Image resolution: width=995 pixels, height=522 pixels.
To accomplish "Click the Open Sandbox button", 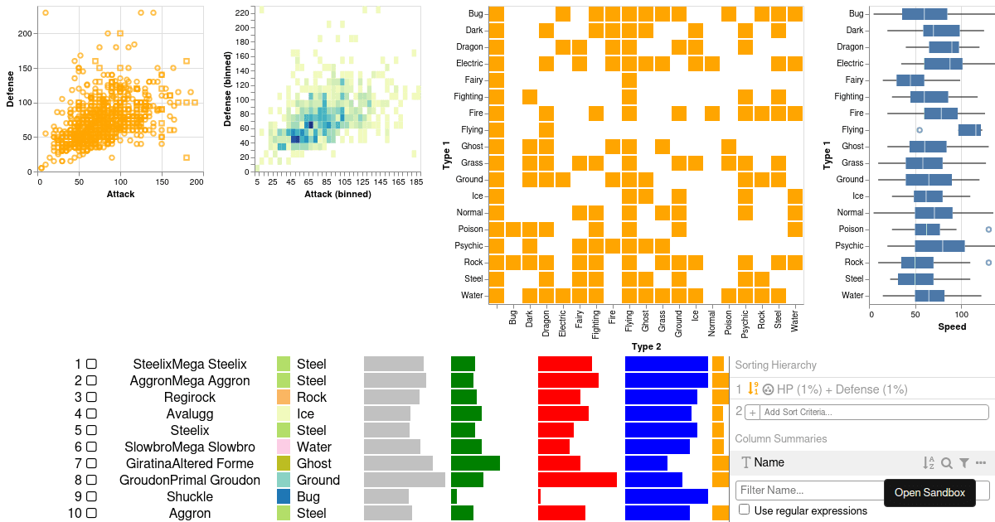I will coord(929,492).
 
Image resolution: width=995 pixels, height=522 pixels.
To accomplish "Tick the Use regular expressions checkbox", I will coord(745,510).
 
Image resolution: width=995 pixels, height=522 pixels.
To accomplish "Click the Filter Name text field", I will coord(808,491).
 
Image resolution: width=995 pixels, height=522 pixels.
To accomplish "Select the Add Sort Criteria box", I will coord(867,412).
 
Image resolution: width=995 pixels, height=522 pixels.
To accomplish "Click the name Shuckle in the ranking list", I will coord(190,496).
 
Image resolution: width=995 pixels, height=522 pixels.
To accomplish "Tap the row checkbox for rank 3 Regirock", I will coord(91,397).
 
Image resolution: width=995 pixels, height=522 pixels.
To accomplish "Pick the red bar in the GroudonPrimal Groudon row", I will coord(577,480).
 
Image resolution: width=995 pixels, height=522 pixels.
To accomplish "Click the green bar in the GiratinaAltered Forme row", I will coord(475,463).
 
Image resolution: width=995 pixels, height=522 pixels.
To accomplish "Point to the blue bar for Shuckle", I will coord(666,496).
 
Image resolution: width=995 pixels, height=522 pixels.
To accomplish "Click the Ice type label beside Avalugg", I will coord(306,413).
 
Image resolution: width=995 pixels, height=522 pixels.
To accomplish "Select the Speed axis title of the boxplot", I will coord(952,326).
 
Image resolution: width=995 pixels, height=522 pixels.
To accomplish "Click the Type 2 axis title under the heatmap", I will coord(646,346).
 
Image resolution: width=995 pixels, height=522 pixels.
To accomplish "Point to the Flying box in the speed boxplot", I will coord(969,129).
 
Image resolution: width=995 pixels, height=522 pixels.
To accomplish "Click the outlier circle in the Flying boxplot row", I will coord(920,130).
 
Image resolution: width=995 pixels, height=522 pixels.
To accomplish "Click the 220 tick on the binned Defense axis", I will coord(241,13).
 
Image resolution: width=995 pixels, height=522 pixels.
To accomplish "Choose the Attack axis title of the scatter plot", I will coord(120,194).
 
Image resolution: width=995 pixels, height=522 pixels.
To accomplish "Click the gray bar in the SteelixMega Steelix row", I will coord(394,364).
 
